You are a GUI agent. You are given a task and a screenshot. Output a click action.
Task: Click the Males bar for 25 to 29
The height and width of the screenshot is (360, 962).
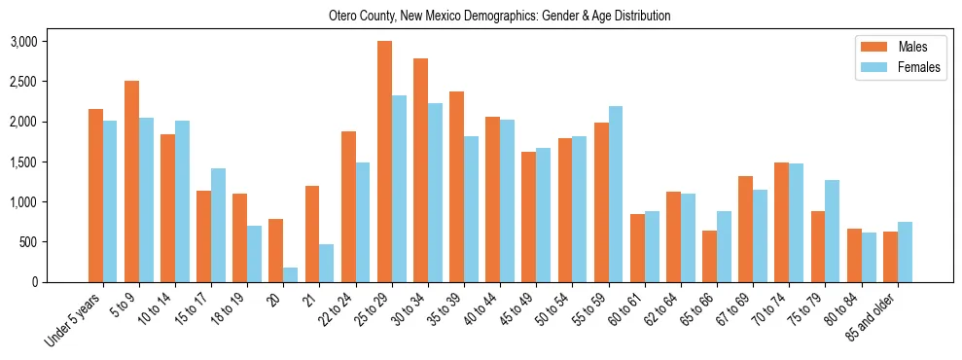[384, 162]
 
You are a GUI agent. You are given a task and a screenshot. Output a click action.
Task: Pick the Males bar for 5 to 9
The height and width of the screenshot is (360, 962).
[131, 181]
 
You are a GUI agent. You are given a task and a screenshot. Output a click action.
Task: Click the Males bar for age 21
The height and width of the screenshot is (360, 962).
[312, 234]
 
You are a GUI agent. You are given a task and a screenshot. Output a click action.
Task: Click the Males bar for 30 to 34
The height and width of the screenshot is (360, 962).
[420, 170]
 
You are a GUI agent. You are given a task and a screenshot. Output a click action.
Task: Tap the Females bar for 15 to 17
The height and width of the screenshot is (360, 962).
[218, 225]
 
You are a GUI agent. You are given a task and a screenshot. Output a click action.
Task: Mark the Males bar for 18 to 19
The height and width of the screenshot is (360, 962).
[240, 237]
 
